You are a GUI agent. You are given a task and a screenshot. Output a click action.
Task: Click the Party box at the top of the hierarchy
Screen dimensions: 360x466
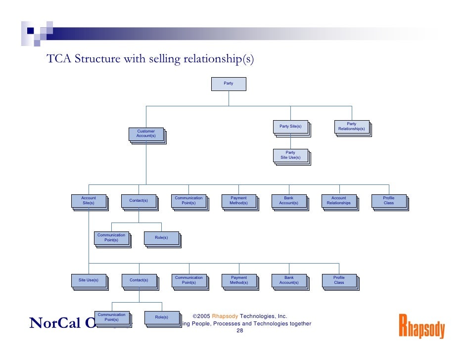[x=228, y=84]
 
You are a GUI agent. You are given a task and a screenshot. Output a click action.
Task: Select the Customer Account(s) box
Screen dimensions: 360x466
[x=146, y=134]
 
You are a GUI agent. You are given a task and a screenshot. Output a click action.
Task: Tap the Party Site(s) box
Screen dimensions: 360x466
[x=290, y=127]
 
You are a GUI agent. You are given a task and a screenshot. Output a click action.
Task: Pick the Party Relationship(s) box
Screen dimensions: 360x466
[x=351, y=127]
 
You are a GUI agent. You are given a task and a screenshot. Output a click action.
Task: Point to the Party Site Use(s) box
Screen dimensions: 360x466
[x=290, y=155]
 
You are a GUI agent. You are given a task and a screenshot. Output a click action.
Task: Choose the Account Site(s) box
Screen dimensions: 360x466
[x=89, y=200]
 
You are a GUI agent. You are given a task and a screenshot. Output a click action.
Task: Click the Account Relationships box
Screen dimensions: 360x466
[x=338, y=200]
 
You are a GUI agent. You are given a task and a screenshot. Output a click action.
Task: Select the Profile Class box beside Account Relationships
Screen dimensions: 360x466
[x=389, y=200]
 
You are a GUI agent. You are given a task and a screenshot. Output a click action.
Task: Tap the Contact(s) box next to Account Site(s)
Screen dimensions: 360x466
[x=139, y=200]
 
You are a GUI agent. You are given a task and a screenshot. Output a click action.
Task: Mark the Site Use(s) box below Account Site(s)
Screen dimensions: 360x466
[x=89, y=280]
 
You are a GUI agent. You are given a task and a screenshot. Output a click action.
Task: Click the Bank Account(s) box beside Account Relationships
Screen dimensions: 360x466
[x=288, y=200]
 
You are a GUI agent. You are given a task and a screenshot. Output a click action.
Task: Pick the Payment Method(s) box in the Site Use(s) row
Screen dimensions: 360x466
[x=238, y=280]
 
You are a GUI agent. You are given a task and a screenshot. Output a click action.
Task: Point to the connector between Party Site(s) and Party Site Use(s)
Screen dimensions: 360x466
[x=290, y=142]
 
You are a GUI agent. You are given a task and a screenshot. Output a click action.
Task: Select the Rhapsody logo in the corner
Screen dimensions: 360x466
[x=421, y=327]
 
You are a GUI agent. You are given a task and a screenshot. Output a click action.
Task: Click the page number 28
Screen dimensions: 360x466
[x=239, y=331]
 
